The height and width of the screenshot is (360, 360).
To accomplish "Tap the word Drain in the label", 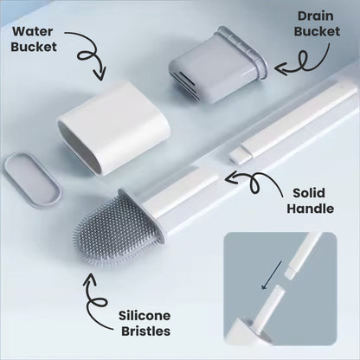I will click(316, 16).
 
